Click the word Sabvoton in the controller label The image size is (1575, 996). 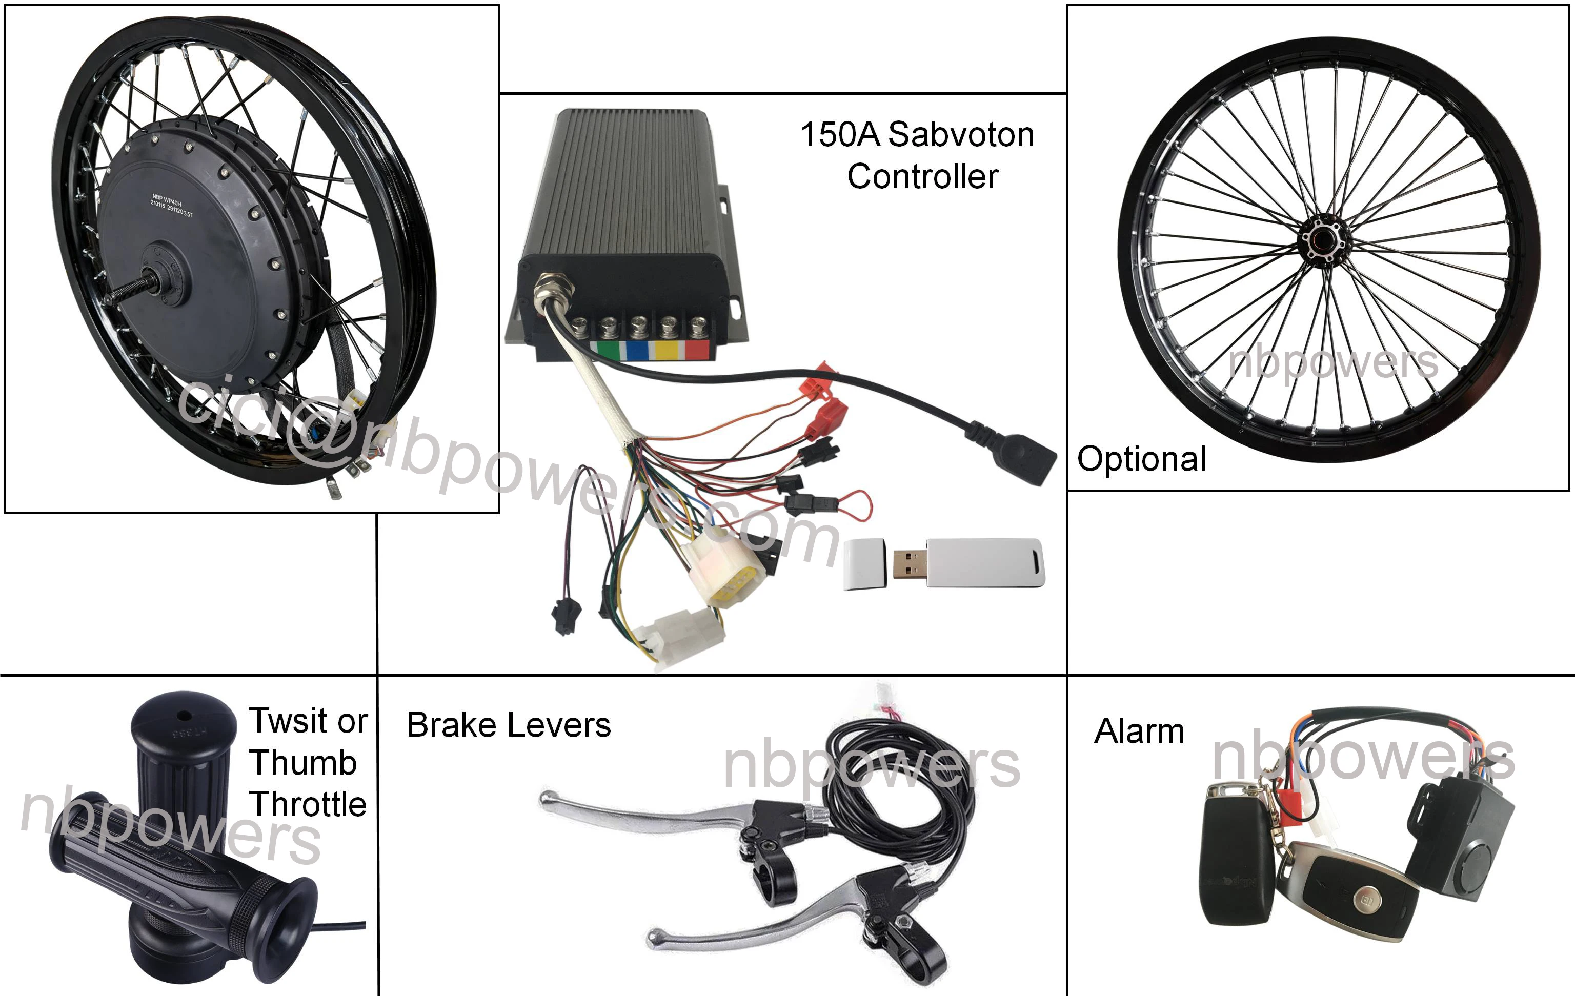pos(961,135)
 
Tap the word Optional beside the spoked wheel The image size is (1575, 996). pos(1141,459)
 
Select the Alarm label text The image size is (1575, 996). pos(1139,731)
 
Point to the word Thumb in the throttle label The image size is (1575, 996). pos(303,763)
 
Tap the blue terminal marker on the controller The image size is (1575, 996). pos(636,350)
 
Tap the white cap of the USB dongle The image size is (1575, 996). pos(864,564)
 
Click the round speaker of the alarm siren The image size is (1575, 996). pos(1475,863)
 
